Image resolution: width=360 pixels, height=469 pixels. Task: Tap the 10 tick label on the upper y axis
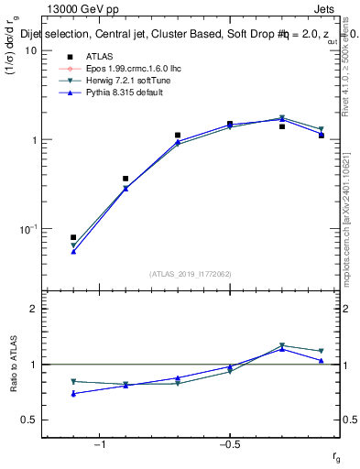coord(28,50)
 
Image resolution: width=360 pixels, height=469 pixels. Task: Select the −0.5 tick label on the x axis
coord(229,445)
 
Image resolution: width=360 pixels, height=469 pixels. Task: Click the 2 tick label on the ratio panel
coord(33,309)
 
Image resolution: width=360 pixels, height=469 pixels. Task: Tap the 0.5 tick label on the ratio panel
coord(29,420)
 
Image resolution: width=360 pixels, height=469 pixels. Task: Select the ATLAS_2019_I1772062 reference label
coord(191,273)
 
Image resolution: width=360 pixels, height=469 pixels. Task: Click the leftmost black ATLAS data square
coord(73,237)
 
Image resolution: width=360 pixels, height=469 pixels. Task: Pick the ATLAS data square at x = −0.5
coord(230,124)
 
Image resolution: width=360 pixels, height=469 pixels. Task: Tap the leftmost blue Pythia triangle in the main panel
coord(73,251)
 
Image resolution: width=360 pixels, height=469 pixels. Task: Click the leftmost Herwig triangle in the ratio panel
coord(73,381)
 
